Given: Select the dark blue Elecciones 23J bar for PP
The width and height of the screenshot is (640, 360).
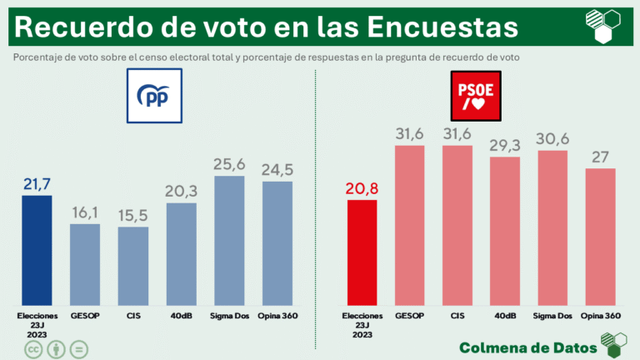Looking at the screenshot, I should pyautogui.click(x=37, y=250).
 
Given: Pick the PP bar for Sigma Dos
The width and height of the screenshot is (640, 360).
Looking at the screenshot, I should pyautogui.click(x=229, y=241).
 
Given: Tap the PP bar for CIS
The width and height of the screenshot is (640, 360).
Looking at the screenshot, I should pyautogui.click(x=133, y=266).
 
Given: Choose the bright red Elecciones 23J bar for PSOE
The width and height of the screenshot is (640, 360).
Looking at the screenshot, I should pyautogui.click(x=362, y=252).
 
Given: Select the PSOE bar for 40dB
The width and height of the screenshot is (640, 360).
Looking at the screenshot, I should pyautogui.click(x=505, y=231).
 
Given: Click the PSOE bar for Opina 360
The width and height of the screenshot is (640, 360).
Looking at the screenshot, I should pyautogui.click(x=601, y=237).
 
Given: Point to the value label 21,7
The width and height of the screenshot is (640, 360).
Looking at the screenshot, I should pyautogui.click(x=36, y=182).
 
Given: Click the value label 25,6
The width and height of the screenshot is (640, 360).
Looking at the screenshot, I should pyautogui.click(x=229, y=163).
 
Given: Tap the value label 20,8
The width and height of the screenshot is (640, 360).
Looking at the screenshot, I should pyautogui.click(x=362, y=187).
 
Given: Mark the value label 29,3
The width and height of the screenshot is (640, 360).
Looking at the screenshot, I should pyautogui.click(x=505, y=143).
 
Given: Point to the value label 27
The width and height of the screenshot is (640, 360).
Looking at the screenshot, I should pyautogui.click(x=601, y=156).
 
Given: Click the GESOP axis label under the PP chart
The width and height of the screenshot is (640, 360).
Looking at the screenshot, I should pyautogui.click(x=85, y=316).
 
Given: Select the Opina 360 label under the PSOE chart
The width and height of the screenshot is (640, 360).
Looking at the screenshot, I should pyautogui.click(x=601, y=316).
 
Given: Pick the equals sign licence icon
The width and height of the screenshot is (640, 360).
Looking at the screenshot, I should pyautogui.click(x=80, y=348).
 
